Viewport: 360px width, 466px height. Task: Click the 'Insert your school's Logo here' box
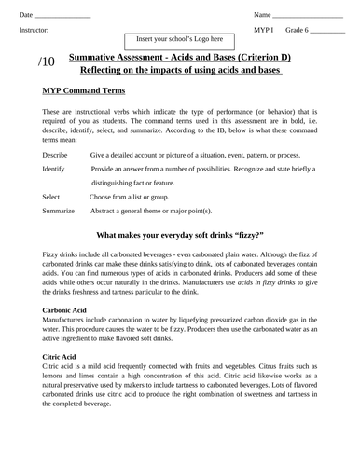[180, 40]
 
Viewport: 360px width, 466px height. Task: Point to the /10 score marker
[48, 62]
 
